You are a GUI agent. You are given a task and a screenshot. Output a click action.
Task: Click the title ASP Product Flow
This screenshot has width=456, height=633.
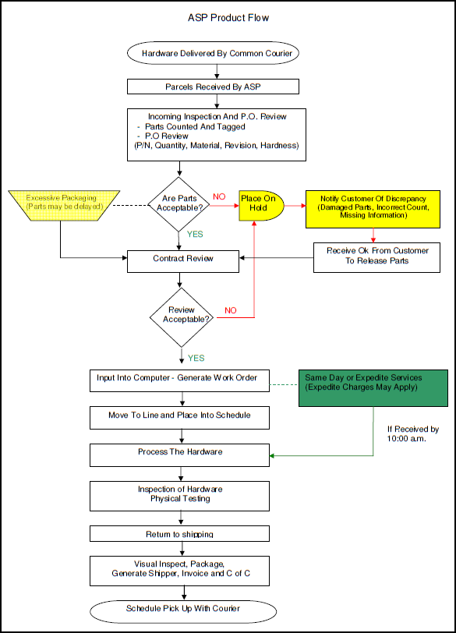pos(228,17)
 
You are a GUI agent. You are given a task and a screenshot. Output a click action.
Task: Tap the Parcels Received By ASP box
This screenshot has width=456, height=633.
pos(213,86)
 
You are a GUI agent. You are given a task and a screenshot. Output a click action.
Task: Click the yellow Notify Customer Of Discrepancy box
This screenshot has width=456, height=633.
pos(373,207)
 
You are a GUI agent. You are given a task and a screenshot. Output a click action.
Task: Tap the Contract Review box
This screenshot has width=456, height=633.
pos(182,257)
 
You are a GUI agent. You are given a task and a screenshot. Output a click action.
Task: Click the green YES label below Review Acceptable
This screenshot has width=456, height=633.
pos(196,358)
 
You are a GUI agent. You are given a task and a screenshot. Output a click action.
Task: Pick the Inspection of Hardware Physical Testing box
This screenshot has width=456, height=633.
pos(181,493)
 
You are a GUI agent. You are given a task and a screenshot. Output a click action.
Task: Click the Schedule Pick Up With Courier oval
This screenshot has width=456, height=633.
pos(184,608)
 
